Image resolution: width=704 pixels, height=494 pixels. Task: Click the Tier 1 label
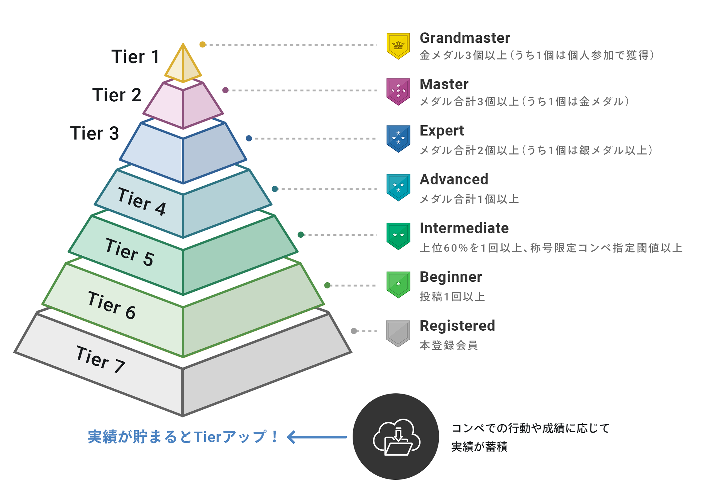point(135,57)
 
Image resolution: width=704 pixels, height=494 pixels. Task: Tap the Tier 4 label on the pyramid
point(142,201)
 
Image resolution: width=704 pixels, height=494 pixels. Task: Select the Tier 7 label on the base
point(100,359)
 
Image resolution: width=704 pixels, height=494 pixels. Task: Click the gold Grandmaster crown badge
point(398,46)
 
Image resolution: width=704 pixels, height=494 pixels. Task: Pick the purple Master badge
point(398,91)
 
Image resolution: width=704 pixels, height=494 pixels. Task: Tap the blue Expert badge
point(398,138)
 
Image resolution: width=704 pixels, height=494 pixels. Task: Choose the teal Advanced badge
point(398,187)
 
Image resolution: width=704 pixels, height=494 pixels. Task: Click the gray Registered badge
point(398,333)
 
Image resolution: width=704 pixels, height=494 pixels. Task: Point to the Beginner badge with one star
point(398,284)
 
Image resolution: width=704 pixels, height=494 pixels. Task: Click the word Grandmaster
point(464,38)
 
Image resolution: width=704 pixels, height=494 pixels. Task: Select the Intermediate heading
point(464,228)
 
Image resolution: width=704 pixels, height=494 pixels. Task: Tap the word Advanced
point(454,179)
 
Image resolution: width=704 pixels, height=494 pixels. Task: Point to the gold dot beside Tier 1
point(202,45)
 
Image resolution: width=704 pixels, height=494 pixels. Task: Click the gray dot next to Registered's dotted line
point(354,331)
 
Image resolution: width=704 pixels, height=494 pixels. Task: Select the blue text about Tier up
point(183,437)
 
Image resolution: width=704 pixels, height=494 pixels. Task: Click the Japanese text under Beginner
point(452,297)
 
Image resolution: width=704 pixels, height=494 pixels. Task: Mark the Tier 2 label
point(117,95)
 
